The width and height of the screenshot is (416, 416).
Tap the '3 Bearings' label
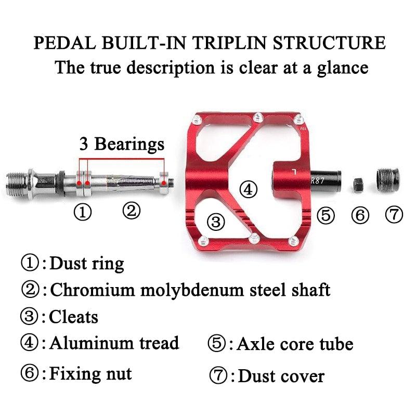(x=121, y=144)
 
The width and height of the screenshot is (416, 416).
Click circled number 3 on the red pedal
(x=216, y=222)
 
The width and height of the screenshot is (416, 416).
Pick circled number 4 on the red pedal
(x=249, y=189)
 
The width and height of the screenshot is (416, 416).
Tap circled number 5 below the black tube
(x=326, y=214)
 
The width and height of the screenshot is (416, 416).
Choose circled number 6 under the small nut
(x=360, y=215)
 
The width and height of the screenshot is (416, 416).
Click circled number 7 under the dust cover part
(x=394, y=214)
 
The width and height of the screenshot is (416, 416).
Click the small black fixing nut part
(x=358, y=184)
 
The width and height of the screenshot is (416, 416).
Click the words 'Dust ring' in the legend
(x=86, y=264)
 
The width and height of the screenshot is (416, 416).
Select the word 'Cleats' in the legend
(x=73, y=316)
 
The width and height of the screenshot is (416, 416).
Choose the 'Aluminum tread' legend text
(x=114, y=343)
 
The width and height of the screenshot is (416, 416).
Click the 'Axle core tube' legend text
(x=295, y=344)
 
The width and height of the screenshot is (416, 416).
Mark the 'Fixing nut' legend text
(x=90, y=373)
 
